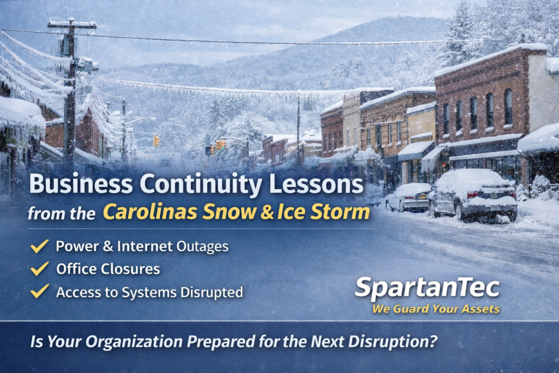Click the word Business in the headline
pyautogui.click(x=81, y=183)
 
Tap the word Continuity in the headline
pyautogui.click(x=201, y=185)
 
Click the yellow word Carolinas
pyautogui.click(x=150, y=211)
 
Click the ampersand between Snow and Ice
pyautogui.click(x=266, y=211)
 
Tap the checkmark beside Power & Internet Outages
pyautogui.click(x=39, y=246)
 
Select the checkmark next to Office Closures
pyautogui.click(x=39, y=269)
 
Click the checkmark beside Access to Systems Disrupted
pyautogui.click(x=39, y=291)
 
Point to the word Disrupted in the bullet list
pyautogui.click(x=211, y=292)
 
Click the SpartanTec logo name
pyautogui.click(x=427, y=287)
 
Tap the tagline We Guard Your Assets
pyautogui.click(x=436, y=309)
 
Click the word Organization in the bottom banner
pyautogui.click(x=134, y=342)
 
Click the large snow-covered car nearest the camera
pyautogui.click(x=473, y=195)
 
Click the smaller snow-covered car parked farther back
pyautogui.click(x=408, y=197)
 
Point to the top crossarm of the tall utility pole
pyautogui.click(x=72, y=24)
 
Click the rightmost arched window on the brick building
pyautogui.click(x=508, y=106)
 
